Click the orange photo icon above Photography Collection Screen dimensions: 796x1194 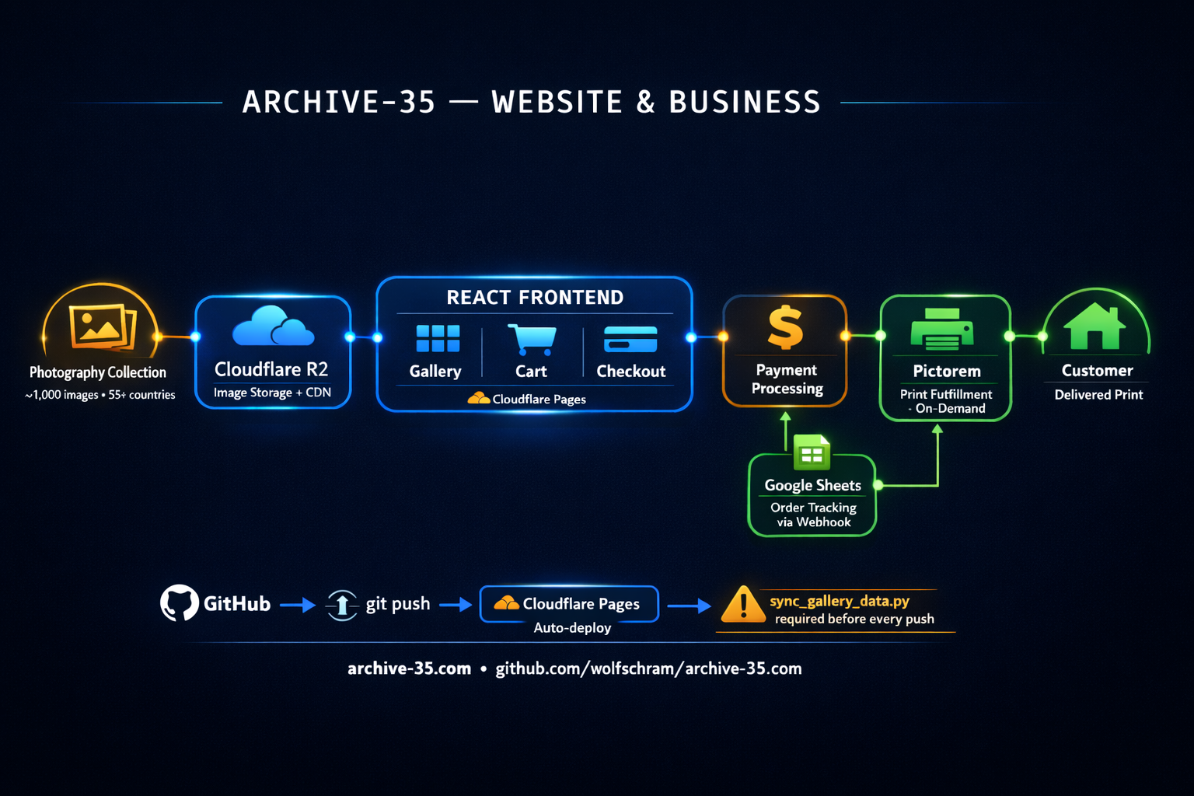coord(102,326)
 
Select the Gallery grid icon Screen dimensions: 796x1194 coord(438,339)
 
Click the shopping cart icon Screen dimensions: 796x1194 coord(532,339)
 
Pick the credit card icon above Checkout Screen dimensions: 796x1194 coord(630,340)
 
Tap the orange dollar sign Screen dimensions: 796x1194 coord(785,327)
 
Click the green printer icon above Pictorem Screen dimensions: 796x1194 coord(942,330)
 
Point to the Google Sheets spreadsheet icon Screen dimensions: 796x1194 coord(812,453)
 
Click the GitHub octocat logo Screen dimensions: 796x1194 coord(180,603)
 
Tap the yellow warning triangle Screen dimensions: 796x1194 coord(743,605)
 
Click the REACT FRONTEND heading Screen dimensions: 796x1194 coord(535,298)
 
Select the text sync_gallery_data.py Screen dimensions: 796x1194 coord(840,601)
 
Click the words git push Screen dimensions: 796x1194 coord(398,604)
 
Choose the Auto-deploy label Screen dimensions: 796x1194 coord(572,628)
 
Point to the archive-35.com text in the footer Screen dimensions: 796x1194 coord(409,669)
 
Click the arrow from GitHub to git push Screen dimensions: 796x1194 coord(297,605)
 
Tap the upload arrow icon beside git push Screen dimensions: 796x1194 coord(342,605)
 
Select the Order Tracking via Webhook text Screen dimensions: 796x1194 coord(813,515)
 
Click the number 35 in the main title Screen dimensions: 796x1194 coord(417,103)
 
